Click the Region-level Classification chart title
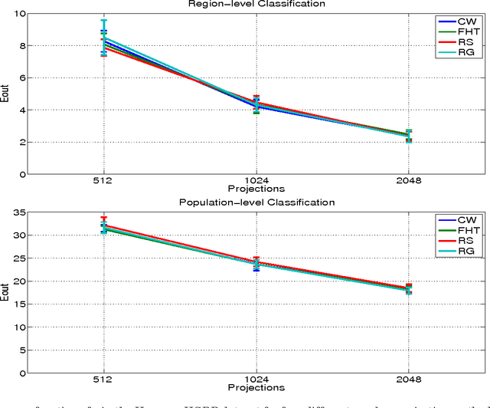click(256, 4)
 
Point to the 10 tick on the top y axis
click(20, 14)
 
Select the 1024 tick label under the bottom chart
click(256, 380)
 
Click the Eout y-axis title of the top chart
click(7, 94)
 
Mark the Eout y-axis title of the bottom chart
click(7, 293)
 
